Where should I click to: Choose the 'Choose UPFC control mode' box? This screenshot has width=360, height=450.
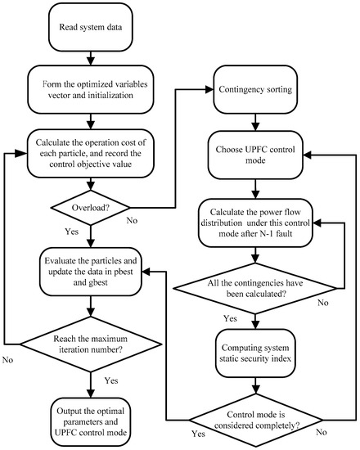260,155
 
